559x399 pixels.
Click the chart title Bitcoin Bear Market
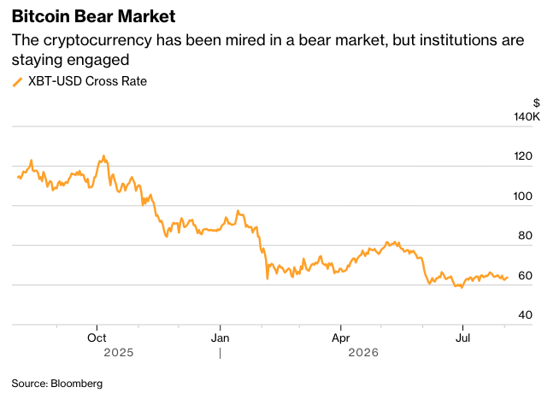click(x=93, y=16)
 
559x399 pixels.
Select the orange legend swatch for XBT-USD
click(x=17, y=82)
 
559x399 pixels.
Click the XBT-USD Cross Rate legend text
click(x=87, y=81)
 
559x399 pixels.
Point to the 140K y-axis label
click(x=527, y=116)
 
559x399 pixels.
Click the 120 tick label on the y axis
click(x=522, y=156)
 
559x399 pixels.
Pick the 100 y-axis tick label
click(x=522, y=196)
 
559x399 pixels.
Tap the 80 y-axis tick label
click(x=525, y=236)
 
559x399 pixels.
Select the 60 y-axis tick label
click(x=525, y=275)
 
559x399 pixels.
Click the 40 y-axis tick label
click(x=525, y=315)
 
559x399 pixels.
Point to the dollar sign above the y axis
click(x=536, y=103)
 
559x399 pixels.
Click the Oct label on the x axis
click(x=97, y=337)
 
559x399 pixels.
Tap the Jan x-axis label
click(x=220, y=337)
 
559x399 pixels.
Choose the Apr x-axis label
click(x=341, y=337)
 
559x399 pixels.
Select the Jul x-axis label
click(x=462, y=337)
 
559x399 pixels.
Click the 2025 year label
click(x=119, y=353)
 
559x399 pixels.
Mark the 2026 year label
click(x=363, y=353)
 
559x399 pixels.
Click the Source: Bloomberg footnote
click(x=57, y=384)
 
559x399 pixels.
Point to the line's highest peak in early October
click(x=103, y=155)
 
